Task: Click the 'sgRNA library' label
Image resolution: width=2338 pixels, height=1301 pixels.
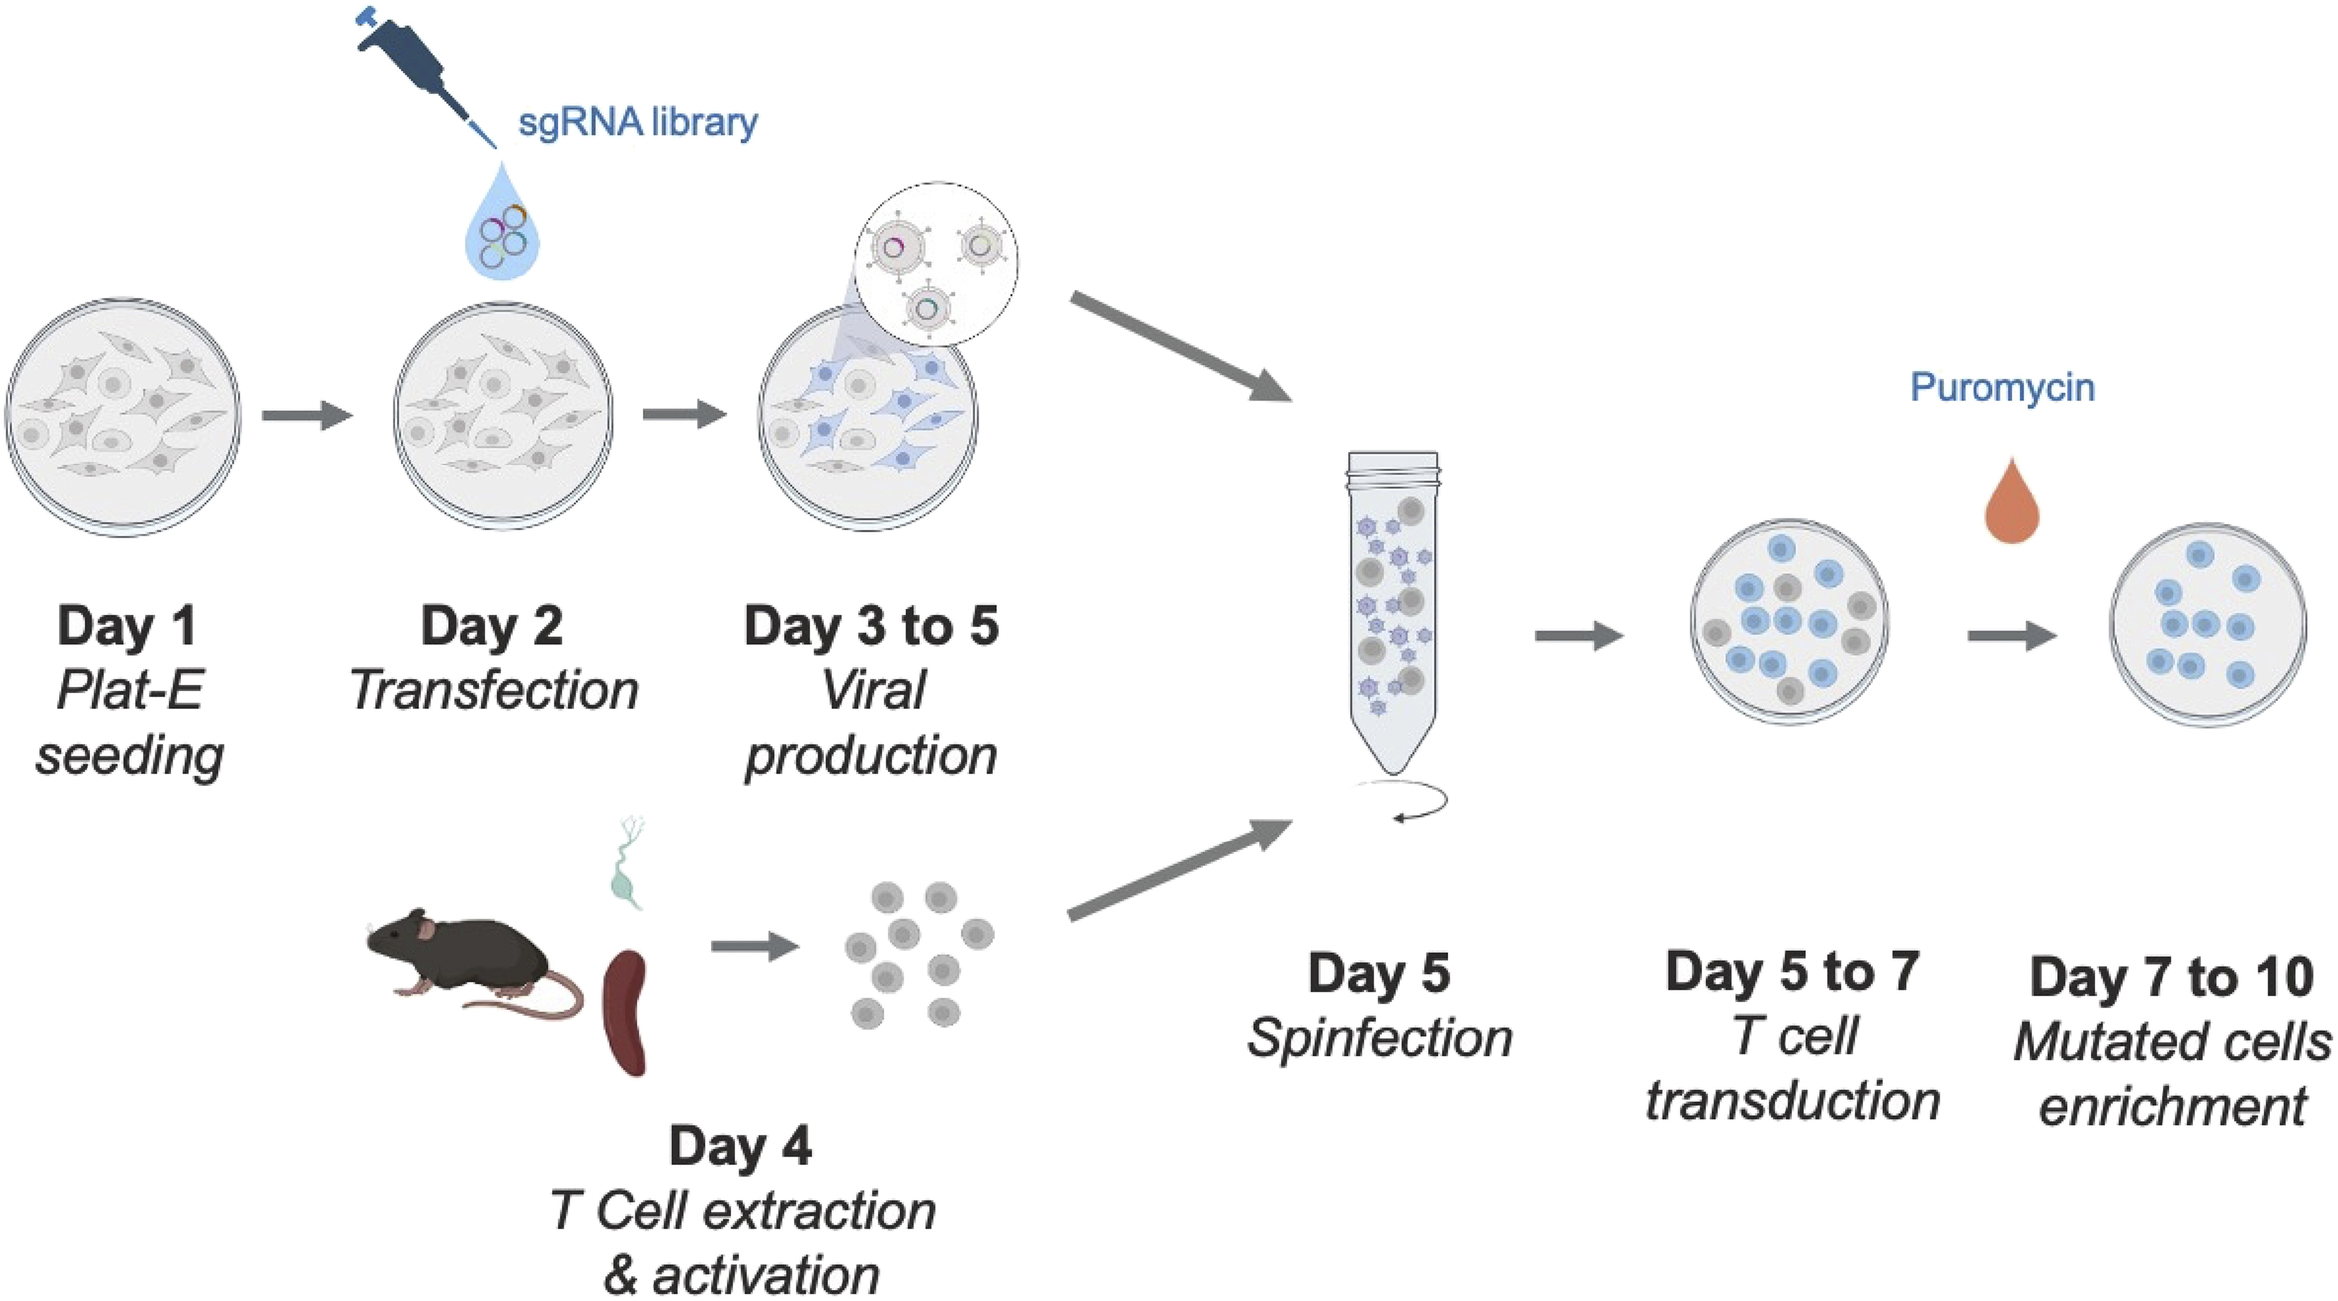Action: (637, 121)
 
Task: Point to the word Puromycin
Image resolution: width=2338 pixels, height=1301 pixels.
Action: (2002, 387)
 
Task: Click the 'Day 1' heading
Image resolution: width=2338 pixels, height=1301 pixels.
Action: (127, 626)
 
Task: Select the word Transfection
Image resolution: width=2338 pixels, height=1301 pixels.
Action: (495, 690)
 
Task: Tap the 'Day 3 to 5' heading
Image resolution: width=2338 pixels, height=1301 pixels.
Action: (871, 626)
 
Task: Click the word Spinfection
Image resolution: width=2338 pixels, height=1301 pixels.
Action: (1379, 1038)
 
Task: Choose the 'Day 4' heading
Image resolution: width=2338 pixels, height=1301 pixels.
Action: (741, 1146)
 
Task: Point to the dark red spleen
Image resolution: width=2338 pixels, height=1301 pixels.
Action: (626, 1011)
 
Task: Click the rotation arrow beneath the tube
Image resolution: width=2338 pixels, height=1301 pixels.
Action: (1402, 802)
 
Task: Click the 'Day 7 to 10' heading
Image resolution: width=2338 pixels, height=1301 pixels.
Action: (2171, 978)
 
